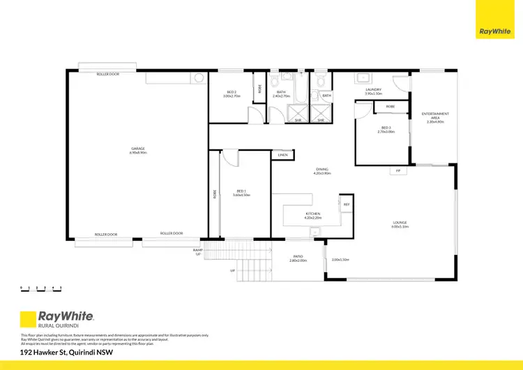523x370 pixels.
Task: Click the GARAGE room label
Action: (x=137, y=149)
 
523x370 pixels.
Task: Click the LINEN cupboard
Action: (x=282, y=155)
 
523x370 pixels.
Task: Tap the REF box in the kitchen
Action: (x=347, y=204)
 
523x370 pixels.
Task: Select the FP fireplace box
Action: (x=398, y=170)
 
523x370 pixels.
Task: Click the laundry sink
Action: (x=364, y=78)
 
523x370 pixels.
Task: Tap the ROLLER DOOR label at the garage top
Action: (x=107, y=73)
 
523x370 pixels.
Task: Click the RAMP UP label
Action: (x=197, y=251)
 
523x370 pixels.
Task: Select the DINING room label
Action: (x=321, y=170)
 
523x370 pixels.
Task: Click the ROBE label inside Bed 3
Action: (x=391, y=107)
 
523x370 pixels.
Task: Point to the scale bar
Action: (x=41, y=287)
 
